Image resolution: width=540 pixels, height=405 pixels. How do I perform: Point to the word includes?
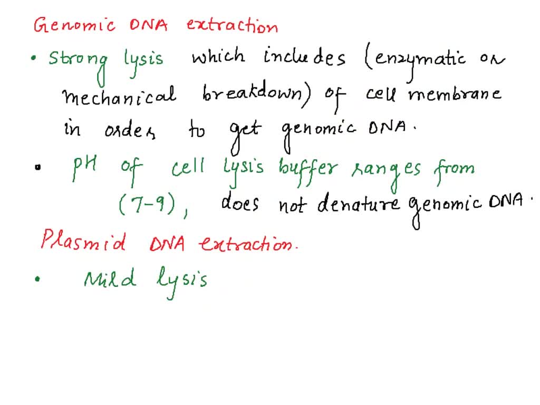tap(304, 56)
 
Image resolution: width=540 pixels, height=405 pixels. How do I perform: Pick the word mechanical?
tap(119, 96)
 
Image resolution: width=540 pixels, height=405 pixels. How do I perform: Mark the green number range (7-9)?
tap(147, 203)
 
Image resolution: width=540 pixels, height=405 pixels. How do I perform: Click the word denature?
tap(359, 203)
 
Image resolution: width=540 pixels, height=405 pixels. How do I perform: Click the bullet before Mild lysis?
tap(36, 281)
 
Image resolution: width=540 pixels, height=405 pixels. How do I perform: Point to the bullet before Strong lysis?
tap(34, 59)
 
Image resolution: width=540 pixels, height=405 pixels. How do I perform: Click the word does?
tap(240, 202)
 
